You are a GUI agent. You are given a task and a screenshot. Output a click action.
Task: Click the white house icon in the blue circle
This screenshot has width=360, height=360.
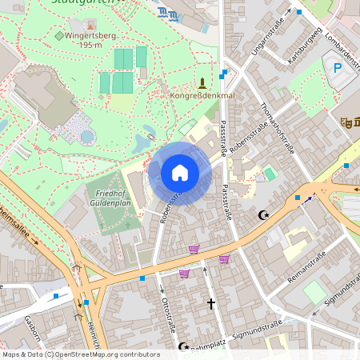tap(179, 173)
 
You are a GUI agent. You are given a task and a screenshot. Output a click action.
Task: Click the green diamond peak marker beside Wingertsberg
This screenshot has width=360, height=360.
tap(58, 36)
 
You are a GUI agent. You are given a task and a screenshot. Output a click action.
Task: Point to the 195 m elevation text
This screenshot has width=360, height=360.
tap(86, 46)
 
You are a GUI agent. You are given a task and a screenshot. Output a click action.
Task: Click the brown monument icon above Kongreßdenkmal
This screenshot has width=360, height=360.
tap(202, 82)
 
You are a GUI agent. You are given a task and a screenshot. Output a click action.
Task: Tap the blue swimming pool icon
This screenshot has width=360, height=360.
tap(168, 14)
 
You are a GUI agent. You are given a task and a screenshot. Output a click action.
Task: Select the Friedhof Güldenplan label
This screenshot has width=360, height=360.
tap(114, 199)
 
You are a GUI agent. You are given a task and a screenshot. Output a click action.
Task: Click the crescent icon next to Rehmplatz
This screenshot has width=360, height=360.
tap(183, 346)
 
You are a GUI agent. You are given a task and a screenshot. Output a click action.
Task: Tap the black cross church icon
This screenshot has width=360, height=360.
tap(211, 304)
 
